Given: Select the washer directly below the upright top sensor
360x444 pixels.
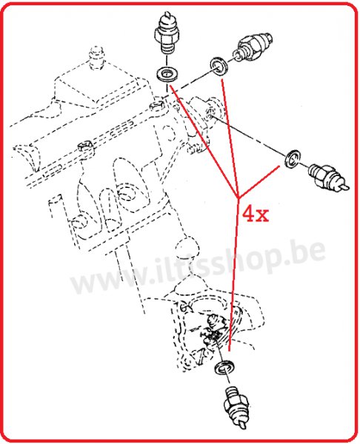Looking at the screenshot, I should coord(167,74).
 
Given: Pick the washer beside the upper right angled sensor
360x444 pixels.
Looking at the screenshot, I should coord(220,67).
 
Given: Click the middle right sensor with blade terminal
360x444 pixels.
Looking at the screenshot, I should coord(326,174).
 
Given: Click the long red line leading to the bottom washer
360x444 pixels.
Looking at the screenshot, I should coord(233,281).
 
